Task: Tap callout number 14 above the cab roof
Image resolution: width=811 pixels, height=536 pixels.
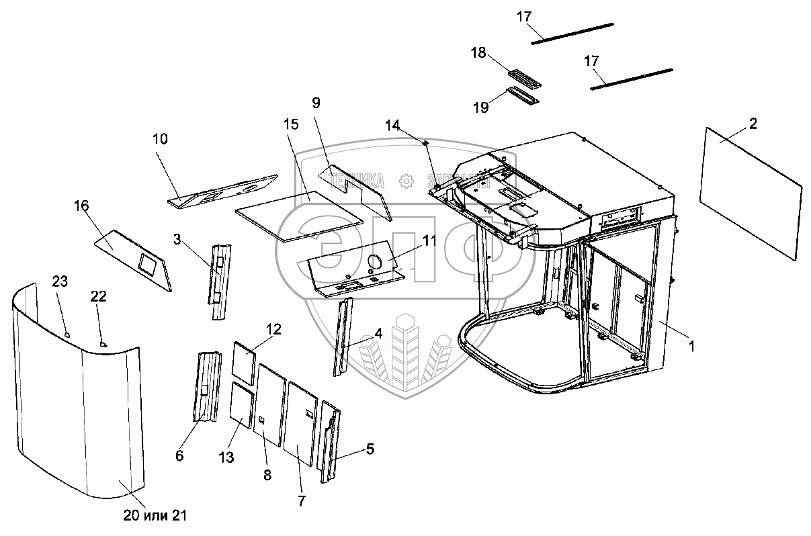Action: point(392,125)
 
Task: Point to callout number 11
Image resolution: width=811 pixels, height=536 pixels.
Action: point(429,240)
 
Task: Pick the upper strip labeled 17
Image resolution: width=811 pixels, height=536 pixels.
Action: point(572,33)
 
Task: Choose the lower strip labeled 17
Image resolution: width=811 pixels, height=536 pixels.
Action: point(632,77)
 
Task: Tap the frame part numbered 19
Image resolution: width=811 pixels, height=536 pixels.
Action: point(522,95)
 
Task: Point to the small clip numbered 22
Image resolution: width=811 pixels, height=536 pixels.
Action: point(102,344)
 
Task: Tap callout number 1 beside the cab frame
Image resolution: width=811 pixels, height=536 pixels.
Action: point(691,347)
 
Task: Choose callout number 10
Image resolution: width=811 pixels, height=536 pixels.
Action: point(160,139)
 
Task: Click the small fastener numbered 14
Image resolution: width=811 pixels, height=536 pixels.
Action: point(426,143)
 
